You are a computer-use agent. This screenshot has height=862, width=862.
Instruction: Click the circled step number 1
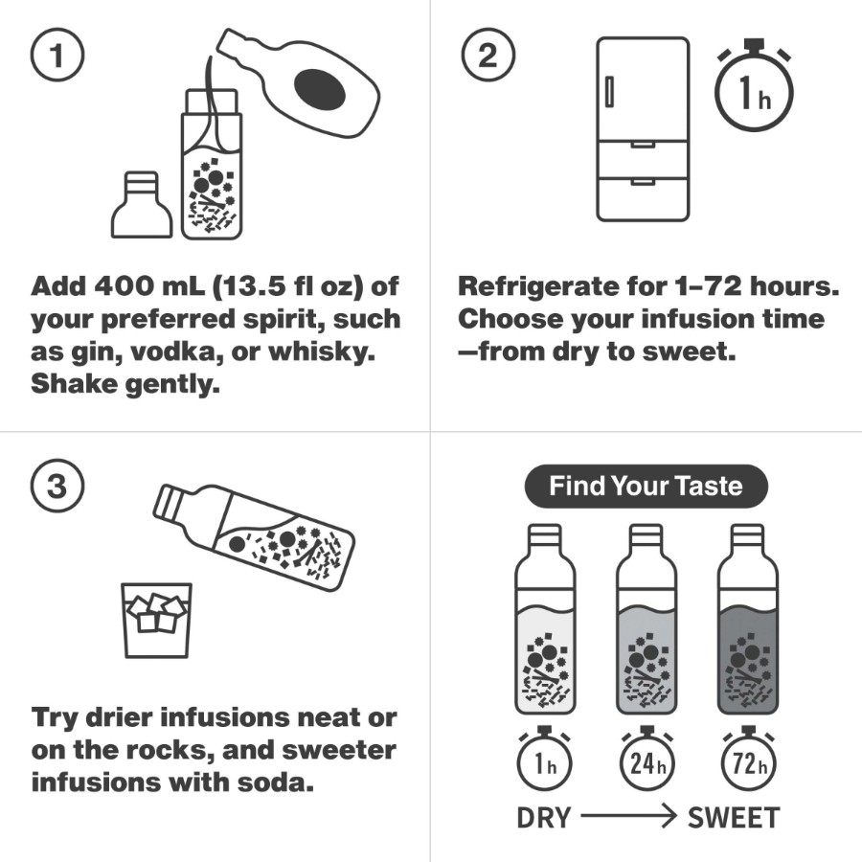pyautogui.click(x=57, y=55)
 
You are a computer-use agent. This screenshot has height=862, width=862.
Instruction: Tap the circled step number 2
pyautogui.click(x=488, y=55)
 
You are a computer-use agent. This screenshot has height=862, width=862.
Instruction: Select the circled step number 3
pyautogui.click(x=57, y=486)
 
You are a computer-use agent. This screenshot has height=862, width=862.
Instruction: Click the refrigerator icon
pyautogui.click(x=643, y=129)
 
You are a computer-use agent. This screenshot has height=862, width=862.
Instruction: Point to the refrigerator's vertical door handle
pyautogui.click(x=609, y=92)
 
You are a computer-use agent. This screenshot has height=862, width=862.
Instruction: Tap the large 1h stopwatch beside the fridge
pyautogui.click(x=755, y=86)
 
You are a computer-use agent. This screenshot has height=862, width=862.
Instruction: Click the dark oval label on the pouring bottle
pyautogui.click(x=320, y=88)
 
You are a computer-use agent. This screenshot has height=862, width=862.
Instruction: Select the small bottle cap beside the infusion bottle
pyautogui.click(x=142, y=205)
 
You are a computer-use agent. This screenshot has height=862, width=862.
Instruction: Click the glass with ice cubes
pyautogui.click(x=157, y=620)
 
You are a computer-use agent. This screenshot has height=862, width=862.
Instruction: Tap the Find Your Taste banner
pyautogui.click(x=646, y=487)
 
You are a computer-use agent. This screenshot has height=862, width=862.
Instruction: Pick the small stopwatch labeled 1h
pyautogui.click(x=544, y=759)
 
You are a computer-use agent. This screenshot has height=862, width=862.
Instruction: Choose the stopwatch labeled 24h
pyautogui.click(x=646, y=759)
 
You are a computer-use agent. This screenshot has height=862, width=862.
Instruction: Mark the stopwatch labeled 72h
pyautogui.click(x=748, y=759)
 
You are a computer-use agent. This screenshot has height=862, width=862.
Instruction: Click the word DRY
pyautogui.click(x=544, y=818)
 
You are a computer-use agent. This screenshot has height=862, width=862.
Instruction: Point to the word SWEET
pyautogui.click(x=734, y=818)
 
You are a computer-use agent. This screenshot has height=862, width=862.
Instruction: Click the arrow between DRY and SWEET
pyautogui.click(x=628, y=816)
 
